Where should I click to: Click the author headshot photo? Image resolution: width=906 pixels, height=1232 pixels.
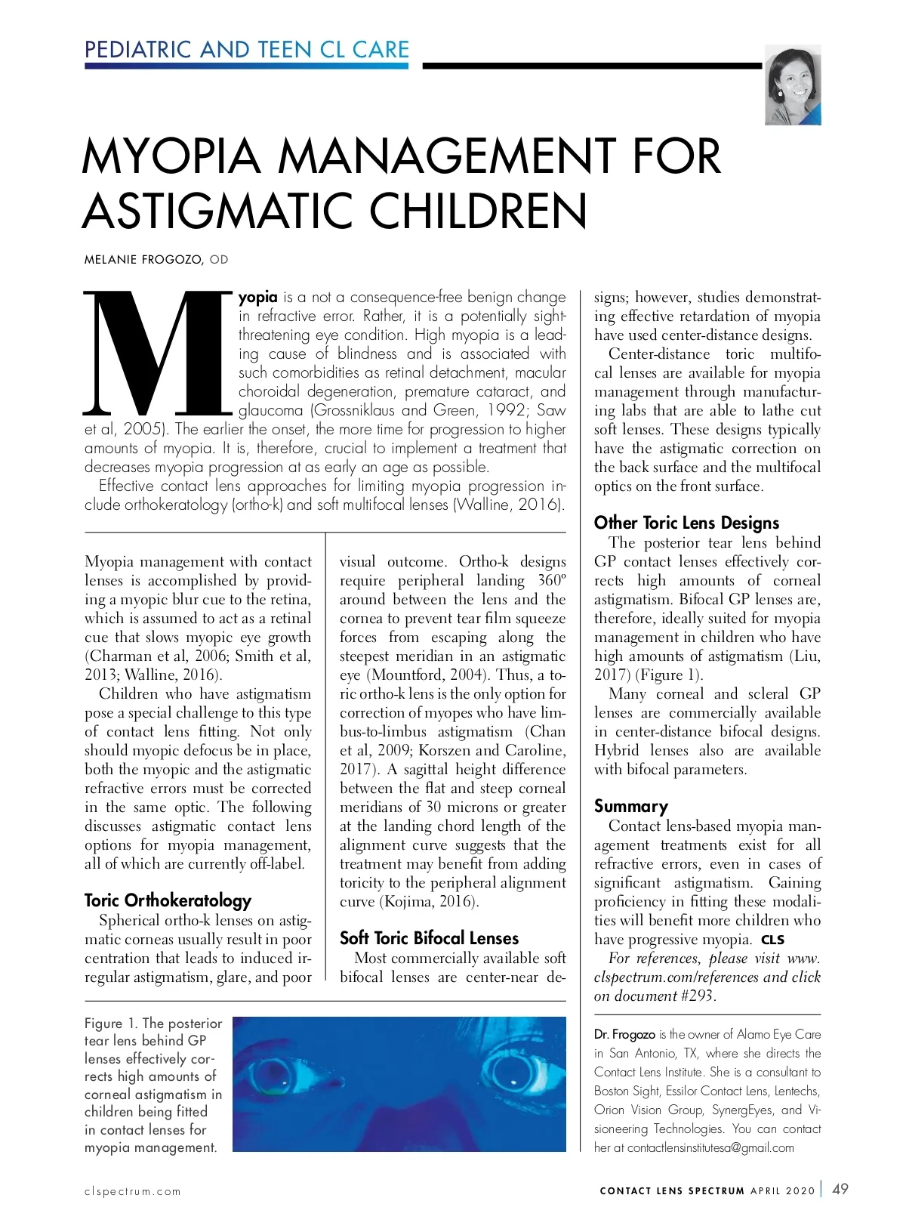pyautogui.click(x=793, y=85)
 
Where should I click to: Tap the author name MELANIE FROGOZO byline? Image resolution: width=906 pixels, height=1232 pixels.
pyautogui.click(x=143, y=260)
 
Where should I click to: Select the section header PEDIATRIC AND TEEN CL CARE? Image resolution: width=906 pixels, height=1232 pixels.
pyautogui.click(x=247, y=50)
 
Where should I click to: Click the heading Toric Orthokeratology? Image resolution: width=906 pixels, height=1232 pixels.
pyautogui.click(x=168, y=900)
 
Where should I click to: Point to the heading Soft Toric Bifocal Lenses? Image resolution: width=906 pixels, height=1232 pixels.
pyautogui.click(x=429, y=938)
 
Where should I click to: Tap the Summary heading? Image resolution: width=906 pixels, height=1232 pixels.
pyautogui.click(x=630, y=806)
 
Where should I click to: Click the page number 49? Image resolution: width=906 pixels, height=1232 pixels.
pyautogui.click(x=840, y=1189)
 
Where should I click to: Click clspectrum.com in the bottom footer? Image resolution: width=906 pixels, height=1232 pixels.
pyautogui.click(x=133, y=1191)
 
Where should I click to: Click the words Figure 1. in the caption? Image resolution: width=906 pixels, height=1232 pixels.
pyautogui.click(x=111, y=1024)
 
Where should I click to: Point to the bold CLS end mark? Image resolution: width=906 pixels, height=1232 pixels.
pyautogui.click(x=772, y=940)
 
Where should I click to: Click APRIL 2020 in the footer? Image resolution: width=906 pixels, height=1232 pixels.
pyautogui.click(x=782, y=1191)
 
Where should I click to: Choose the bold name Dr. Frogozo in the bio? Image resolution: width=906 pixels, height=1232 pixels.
pyautogui.click(x=624, y=1034)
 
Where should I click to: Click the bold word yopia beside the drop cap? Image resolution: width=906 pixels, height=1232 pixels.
pyautogui.click(x=258, y=297)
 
